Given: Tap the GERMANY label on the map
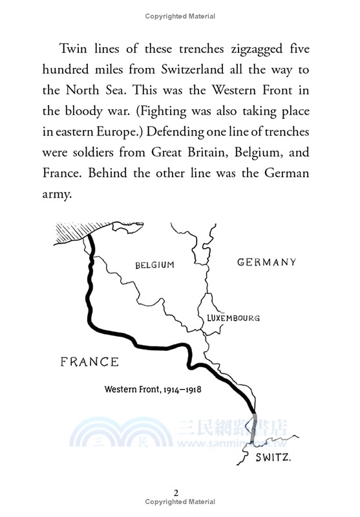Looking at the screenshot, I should pyautogui.click(x=267, y=262).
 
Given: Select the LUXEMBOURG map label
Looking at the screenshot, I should pyautogui.click(x=233, y=318).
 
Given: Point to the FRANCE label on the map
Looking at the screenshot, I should pyautogui.click(x=89, y=362).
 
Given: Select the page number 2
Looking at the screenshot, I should pyautogui.click(x=176, y=492).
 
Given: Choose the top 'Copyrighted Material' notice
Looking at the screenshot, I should pyautogui.click(x=180, y=16).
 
